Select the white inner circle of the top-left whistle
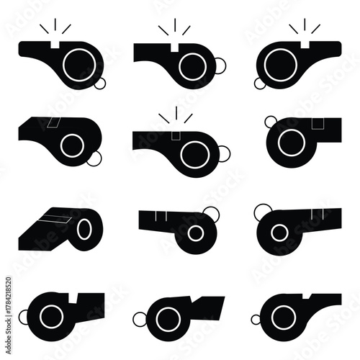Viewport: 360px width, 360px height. click(73, 66)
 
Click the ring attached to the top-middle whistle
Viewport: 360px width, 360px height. click(220, 66)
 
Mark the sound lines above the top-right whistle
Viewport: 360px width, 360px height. click(304, 28)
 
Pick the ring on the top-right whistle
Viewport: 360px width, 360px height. click(260, 84)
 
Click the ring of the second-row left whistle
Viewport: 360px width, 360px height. click(95, 161)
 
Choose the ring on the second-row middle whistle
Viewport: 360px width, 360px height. click(223, 152)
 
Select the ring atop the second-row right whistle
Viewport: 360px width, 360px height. click(270, 120)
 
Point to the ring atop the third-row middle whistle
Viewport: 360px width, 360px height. click(211, 212)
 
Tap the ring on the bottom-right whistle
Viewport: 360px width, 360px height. click(256, 318)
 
